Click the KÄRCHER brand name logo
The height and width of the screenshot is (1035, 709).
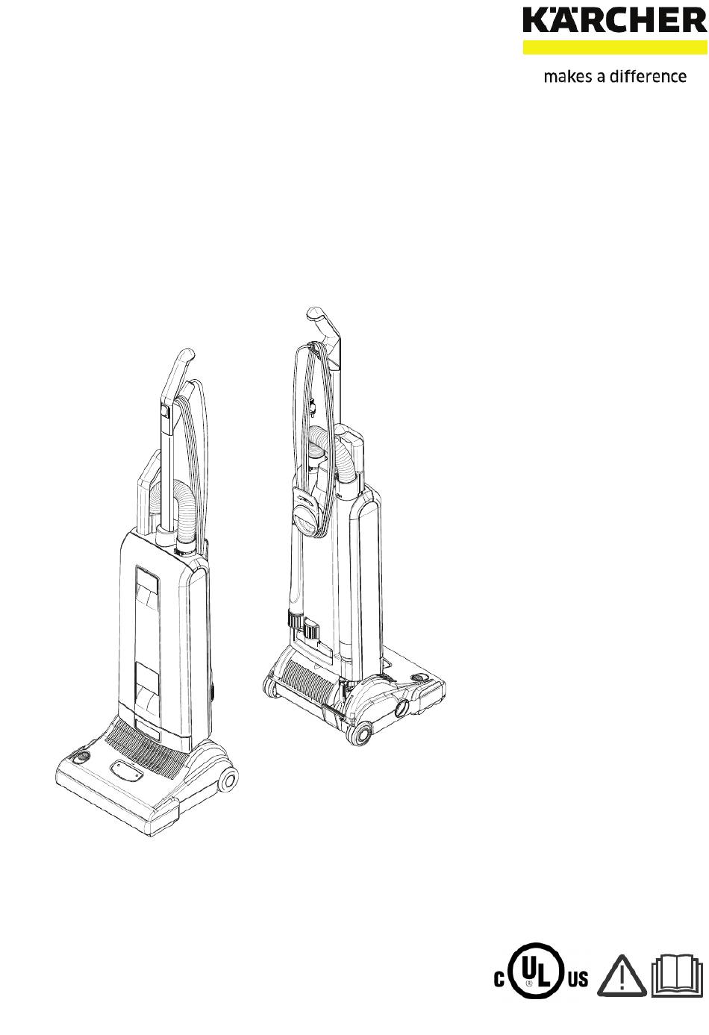(x=615, y=21)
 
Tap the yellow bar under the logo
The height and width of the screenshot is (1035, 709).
(x=615, y=47)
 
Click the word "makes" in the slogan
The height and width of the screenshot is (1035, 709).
(x=567, y=76)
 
